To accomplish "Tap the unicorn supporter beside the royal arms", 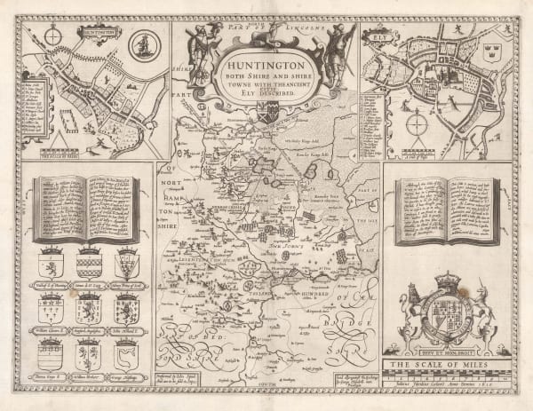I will click(484, 315).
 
